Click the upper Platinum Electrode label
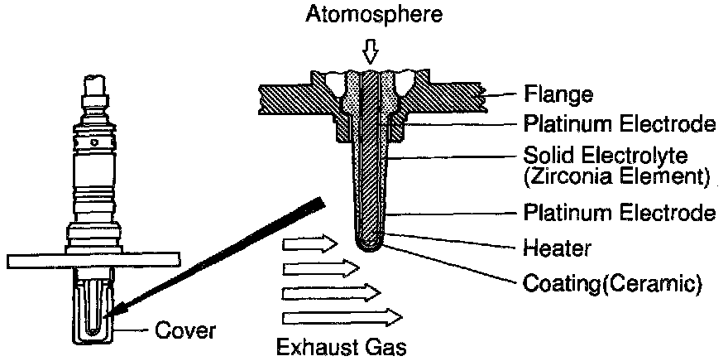click(619, 125)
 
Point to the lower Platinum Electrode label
click(619, 214)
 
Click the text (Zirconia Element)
click(617, 176)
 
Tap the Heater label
click(557, 247)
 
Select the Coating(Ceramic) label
click(613, 284)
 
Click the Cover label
click(185, 332)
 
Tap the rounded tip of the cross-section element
click(370, 244)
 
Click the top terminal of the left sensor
click(95, 84)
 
